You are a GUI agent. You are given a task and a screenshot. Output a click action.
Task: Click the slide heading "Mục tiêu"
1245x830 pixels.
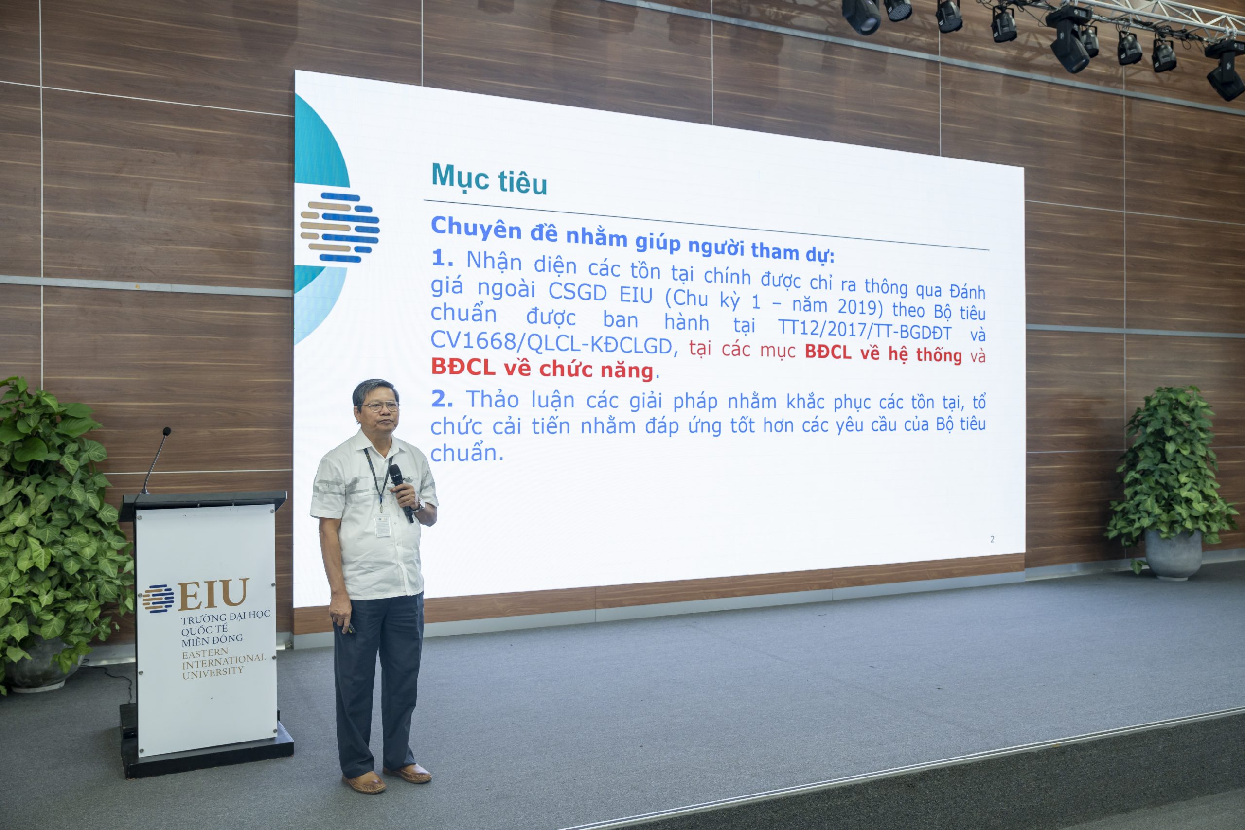click(x=489, y=178)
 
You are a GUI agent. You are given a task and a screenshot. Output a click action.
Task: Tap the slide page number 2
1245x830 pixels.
click(x=992, y=539)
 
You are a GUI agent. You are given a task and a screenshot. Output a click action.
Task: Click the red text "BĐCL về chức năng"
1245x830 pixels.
click(x=542, y=369)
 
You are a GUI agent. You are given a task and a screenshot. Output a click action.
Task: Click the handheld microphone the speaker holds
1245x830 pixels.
click(x=401, y=492)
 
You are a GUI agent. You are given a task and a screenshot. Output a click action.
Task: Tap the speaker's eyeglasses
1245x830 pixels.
click(x=380, y=406)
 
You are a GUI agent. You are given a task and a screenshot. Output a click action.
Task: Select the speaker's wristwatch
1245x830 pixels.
click(x=419, y=507)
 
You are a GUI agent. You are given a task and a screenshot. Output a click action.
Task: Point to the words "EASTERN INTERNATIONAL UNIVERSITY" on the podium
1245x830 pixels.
click(x=223, y=664)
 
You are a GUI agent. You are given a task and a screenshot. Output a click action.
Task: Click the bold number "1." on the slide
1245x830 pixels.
click(x=443, y=258)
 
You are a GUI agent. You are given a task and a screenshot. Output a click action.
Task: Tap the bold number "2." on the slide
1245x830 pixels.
click(x=442, y=400)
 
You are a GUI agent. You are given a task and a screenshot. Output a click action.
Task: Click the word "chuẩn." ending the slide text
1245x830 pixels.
click(x=466, y=453)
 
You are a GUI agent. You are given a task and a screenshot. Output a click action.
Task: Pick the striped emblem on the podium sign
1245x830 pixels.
click(x=158, y=599)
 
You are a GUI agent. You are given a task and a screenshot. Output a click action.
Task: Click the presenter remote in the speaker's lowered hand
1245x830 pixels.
click(x=349, y=628)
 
